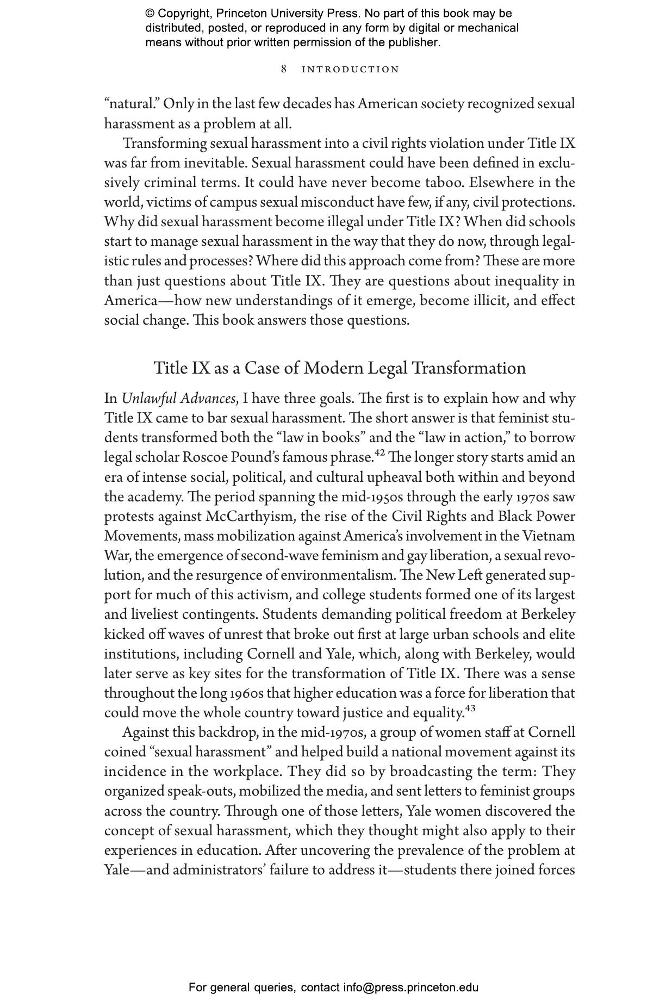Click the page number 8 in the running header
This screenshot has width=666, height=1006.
click(284, 69)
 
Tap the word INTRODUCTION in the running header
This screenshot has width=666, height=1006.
click(350, 70)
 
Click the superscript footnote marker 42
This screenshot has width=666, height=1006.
click(379, 452)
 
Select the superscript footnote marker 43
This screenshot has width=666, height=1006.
click(470, 708)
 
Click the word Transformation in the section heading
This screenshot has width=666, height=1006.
click(469, 368)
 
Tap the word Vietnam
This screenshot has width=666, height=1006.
click(549, 536)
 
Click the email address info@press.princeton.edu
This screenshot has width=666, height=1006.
click(410, 988)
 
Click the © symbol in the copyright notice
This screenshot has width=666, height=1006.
click(150, 14)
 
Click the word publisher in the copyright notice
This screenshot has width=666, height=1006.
click(413, 42)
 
